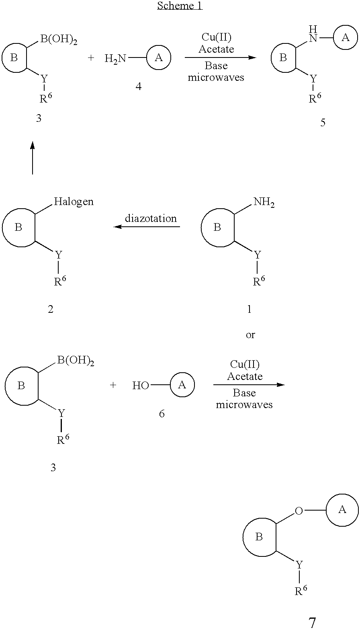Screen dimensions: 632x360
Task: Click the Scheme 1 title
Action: [x=180, y=6]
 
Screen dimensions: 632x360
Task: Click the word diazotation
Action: [x=151, y=218]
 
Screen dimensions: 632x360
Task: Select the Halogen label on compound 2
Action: [x=74, y=201]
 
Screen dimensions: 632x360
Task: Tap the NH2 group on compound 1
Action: [x=264, y=202]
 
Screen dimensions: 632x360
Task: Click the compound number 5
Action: [x=323, y=123]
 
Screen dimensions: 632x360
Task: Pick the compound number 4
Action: [x=138, y=86]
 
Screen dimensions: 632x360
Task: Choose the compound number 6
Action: [x=162, y=414]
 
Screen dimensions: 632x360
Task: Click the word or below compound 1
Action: [x=250, y=335]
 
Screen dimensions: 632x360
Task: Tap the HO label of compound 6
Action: [x=141, y=386]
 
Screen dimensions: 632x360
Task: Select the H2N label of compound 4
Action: [x=115, y=59]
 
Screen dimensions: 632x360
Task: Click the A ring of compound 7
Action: [x=342, y=509]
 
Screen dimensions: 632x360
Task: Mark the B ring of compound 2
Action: [x=18, y=228]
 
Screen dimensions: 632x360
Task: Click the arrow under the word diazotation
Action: [x=147, y=227]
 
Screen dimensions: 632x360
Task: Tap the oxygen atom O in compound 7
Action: [x=299, y=511]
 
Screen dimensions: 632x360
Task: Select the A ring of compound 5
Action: [x=345, y=37]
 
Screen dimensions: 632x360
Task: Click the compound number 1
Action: [x=249, y=309]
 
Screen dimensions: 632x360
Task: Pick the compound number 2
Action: [x=50, y=309]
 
